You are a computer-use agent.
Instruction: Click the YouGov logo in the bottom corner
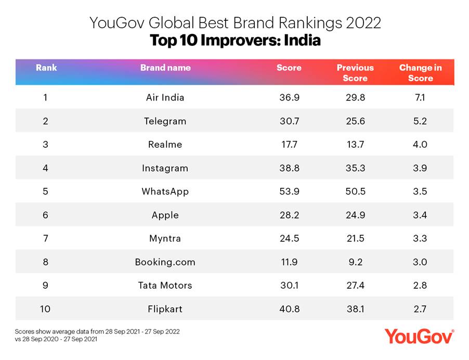click(x=419, y=336)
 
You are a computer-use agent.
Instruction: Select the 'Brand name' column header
click(x=165, y=68)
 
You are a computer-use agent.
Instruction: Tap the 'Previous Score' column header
click(x=355, y=73)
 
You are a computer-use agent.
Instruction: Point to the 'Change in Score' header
click(x=420, y=73)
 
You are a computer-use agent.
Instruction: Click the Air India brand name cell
click(x=165, y=97)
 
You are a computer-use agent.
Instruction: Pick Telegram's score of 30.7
click(x=289, y=121)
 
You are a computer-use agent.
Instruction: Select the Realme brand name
click(x=165, y=145)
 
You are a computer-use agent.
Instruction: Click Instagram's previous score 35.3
click(x=355, y=168)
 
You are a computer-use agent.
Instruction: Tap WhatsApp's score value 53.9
click(x=289, y=191)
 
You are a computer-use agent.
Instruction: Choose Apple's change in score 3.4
click(x=420, y=215)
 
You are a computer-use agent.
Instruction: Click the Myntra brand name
click(x=165, y=238)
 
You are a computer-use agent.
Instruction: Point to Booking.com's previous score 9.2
click(x=355, y=262)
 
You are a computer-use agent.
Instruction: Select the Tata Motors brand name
click(x=165, y=285)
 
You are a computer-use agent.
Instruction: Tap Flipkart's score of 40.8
click(x=289, y=309)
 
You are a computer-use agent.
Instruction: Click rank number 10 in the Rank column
click(x=46, y=309)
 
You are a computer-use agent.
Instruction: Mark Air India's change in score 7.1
click(x=420, y=97)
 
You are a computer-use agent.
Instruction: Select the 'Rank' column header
click(x=46, y=68)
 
